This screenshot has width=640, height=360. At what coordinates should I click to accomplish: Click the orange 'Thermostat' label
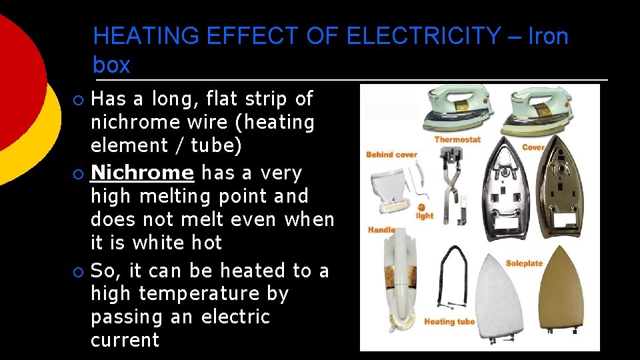(x=457, y=139)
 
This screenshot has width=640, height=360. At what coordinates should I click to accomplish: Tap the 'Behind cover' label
(x=391, y=155)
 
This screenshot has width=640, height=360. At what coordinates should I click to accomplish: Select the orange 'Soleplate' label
(x=524, y=263)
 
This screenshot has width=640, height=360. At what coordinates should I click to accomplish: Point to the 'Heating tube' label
(x=449, y=321)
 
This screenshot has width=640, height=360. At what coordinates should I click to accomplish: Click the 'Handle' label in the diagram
(x=381, y=230)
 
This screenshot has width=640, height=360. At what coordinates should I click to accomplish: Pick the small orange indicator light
(x=423, y=207)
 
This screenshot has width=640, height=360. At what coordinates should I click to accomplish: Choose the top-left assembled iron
(x=457, y=108)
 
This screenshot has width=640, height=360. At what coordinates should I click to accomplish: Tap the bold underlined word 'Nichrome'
(x=142, y=173)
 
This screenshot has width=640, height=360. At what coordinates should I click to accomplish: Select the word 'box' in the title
(x=111, y=65)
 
